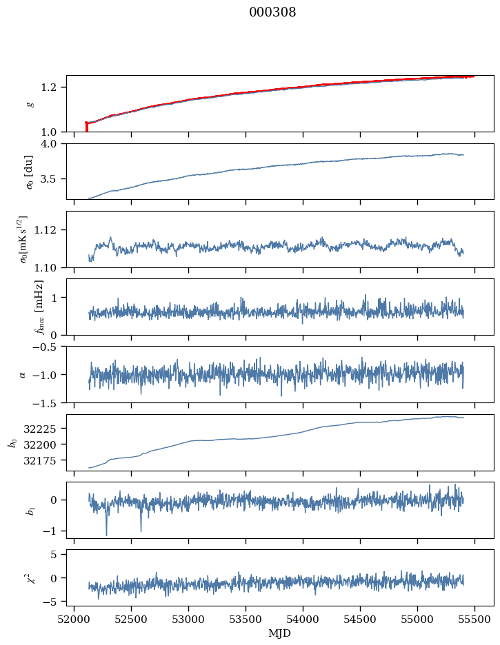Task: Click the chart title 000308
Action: [x=272, y=12]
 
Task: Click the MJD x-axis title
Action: [x=280, y=633]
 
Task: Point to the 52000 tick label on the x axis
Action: [x=74, y=620]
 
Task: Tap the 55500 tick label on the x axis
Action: [x=474, y=620]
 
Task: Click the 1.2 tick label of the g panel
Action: [x=53, y=87]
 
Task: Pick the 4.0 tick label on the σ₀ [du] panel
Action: [x=53, y=143]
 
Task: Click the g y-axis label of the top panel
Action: [x=30, y=103]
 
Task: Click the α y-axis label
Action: [x=22, y=374]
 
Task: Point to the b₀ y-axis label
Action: [x=12, y=442]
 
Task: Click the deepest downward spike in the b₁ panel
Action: [x=106, y=535]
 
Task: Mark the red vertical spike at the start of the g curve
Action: [x=86, y=127]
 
